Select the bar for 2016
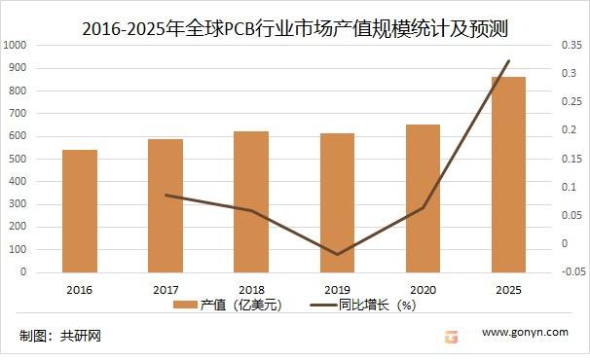pyautogui.click(x=80, y=211)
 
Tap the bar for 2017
pyautogui.click(x=166, y=206)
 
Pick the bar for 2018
pyautogui.click(x=251, y=202)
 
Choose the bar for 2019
pyautogui.click(x=337, y=203)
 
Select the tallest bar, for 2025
pyautogui.click(x=508, y=175)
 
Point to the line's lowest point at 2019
pyautogui.click(x=337, y=255)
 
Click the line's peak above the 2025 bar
pyautogui.click(x=508, y=61)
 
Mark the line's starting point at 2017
pyautogui.click(x=166, y=196)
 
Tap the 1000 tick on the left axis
pyautogui.click(x=16, y=45)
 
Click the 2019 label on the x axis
pyautogui.click(x=337, y=290)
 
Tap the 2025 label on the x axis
pyautogui.click(x=508, y=290)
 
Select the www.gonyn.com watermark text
pyautogui.click(x=525, y=332)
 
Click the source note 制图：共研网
pyautogui.click(x=60, y=337)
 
